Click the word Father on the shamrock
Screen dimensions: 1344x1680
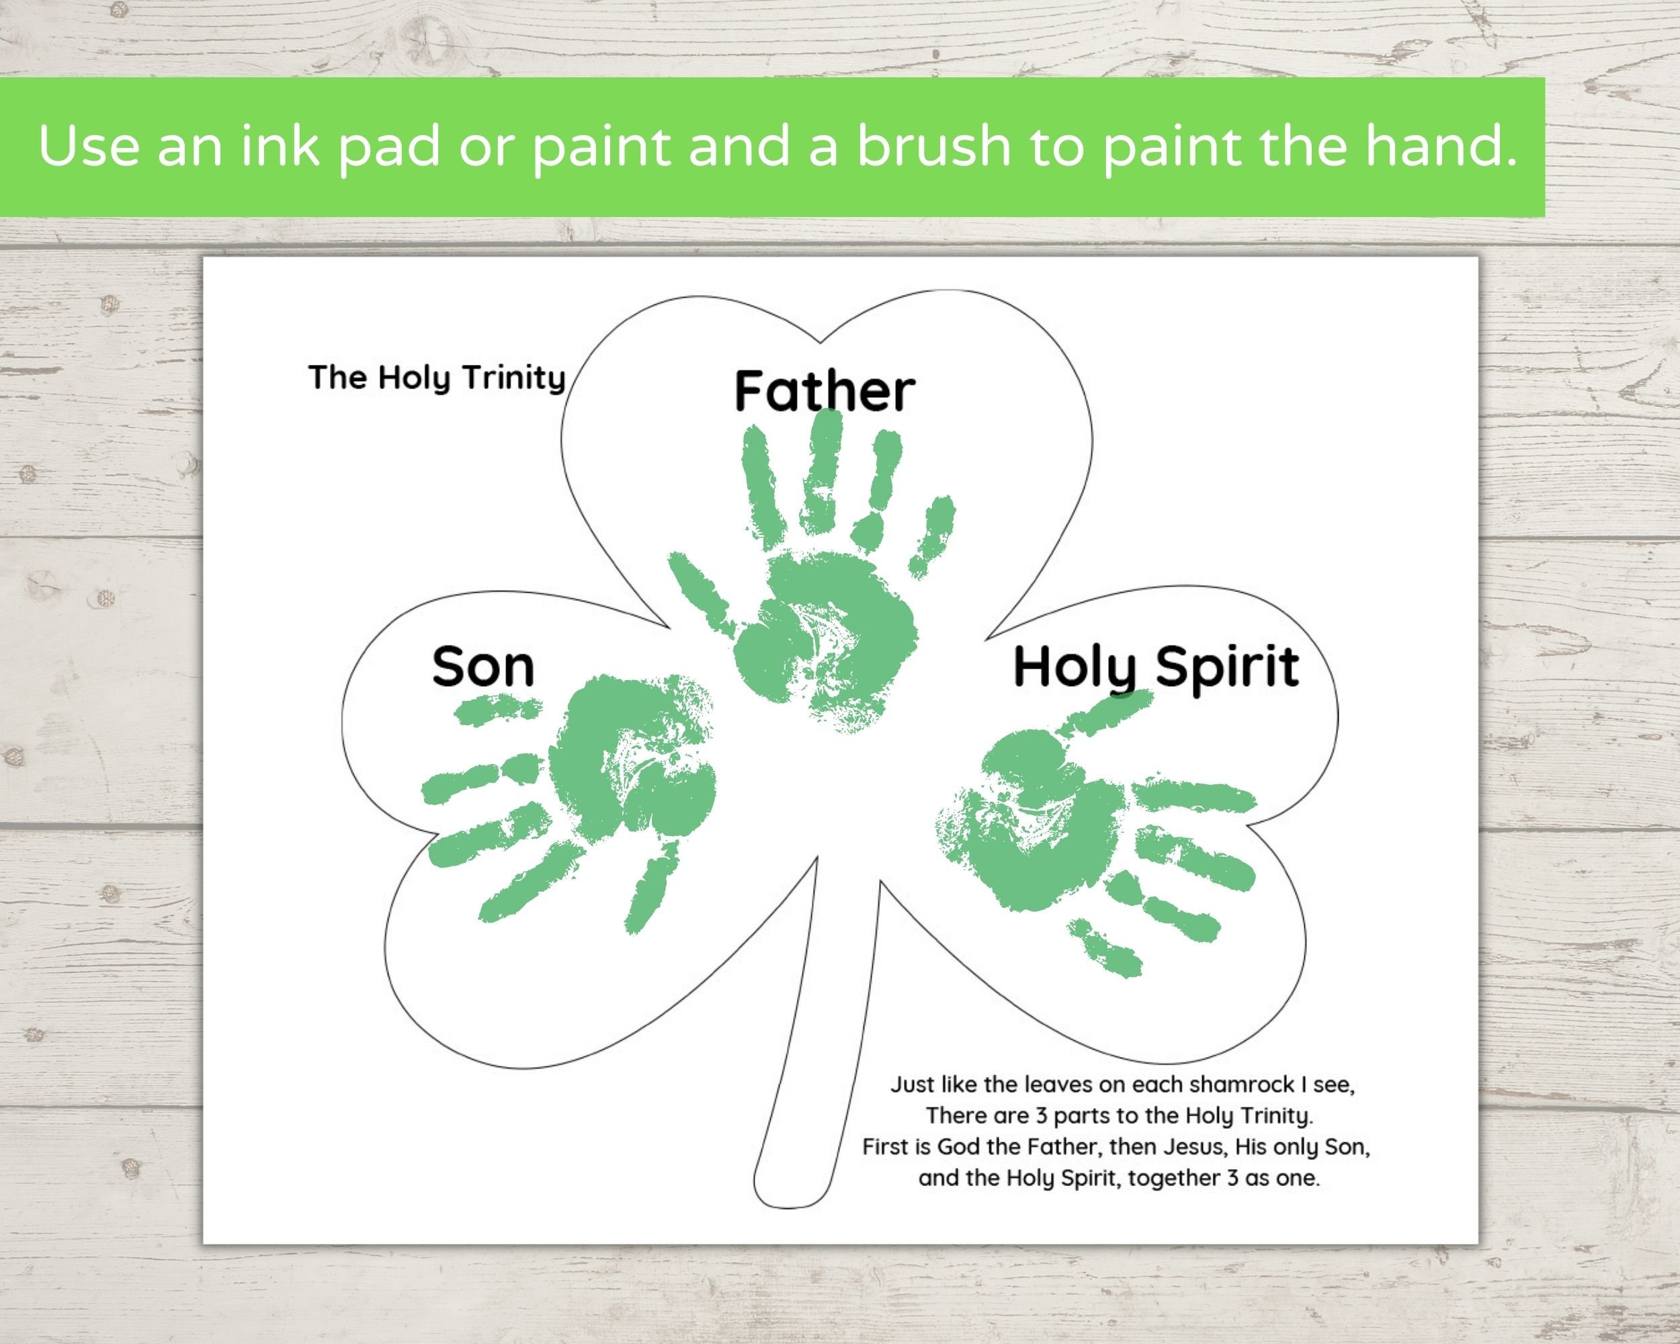point(825,391)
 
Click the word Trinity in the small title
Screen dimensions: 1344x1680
point(513,378)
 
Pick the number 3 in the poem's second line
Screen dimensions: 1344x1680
point(1041,1116)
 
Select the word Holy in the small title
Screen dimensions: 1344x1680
point(415,378)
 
